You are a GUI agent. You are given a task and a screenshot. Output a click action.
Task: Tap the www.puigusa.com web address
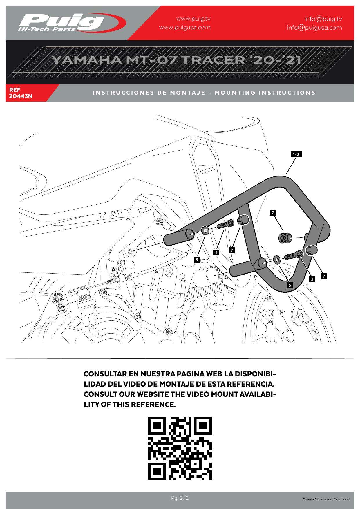(x=185, y=28)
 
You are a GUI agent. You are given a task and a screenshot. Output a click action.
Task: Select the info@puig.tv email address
(x=323, y=19)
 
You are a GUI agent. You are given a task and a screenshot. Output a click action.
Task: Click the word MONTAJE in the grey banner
(x=188, y=93)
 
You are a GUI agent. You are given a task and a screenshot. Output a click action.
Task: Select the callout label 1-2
(x=296, y=154)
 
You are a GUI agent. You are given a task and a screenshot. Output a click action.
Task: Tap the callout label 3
(x=312, y=279)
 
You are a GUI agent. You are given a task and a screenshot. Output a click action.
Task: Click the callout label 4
(x=216, y=252)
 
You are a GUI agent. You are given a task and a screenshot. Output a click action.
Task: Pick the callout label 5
(x=290, y=285)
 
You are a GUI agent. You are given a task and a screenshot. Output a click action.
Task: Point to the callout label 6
(x=197, y=259)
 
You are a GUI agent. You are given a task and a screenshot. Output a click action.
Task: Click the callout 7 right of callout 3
(x=324, y=276)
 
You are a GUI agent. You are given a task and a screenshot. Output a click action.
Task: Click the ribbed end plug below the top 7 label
(x=284, y=238)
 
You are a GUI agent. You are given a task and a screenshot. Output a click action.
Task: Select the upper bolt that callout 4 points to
(x=225, y=224)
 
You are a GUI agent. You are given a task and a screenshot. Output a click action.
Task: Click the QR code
(x=180, y=448)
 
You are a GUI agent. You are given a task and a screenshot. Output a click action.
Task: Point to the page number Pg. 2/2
(x=180, y=498)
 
